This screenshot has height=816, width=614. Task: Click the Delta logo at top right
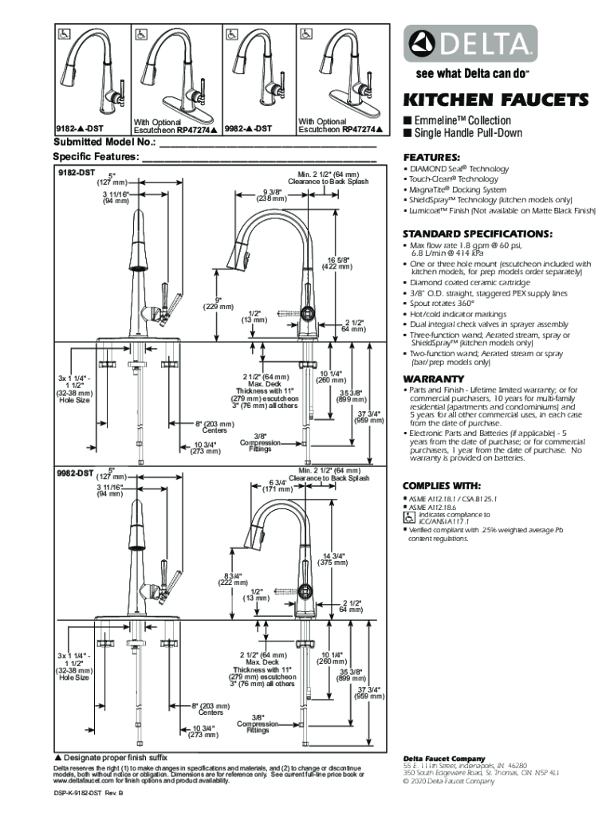point(469,43)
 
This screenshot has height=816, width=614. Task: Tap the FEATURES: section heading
point(431,157)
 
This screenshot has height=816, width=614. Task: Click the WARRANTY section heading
point(434,378)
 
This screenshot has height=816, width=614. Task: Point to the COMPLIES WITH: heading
point(442,485)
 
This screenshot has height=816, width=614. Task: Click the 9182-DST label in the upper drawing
point(76,172)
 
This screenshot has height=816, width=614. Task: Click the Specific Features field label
point(96,157)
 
